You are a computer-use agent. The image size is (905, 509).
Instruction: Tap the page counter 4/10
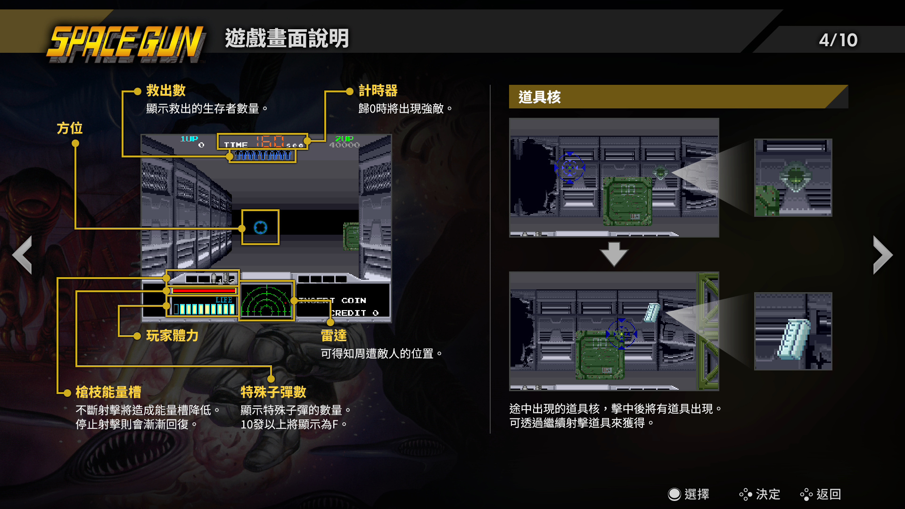838,40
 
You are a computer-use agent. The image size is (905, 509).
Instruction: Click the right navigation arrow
882,255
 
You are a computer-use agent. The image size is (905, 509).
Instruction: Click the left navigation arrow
22,255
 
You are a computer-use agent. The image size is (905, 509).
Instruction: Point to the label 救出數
165,90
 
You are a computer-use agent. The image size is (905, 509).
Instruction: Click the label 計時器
378,90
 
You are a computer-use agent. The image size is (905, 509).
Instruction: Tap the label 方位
69,128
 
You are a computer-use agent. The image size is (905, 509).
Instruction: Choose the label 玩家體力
172,336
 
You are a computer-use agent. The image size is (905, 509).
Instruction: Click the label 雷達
333,336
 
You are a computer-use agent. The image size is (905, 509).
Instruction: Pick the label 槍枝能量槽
108,392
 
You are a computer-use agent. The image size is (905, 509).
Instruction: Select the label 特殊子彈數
273,392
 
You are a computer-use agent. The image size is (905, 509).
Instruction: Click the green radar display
266,301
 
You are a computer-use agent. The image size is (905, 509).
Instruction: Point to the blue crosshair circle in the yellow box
260,228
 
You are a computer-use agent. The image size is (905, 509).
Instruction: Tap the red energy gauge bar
204,291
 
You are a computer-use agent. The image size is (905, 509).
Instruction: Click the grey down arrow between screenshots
614,254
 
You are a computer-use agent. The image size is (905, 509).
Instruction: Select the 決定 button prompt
760,494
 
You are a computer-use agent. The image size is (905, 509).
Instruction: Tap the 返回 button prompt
821,494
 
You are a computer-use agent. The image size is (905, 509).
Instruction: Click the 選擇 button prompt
689,494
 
